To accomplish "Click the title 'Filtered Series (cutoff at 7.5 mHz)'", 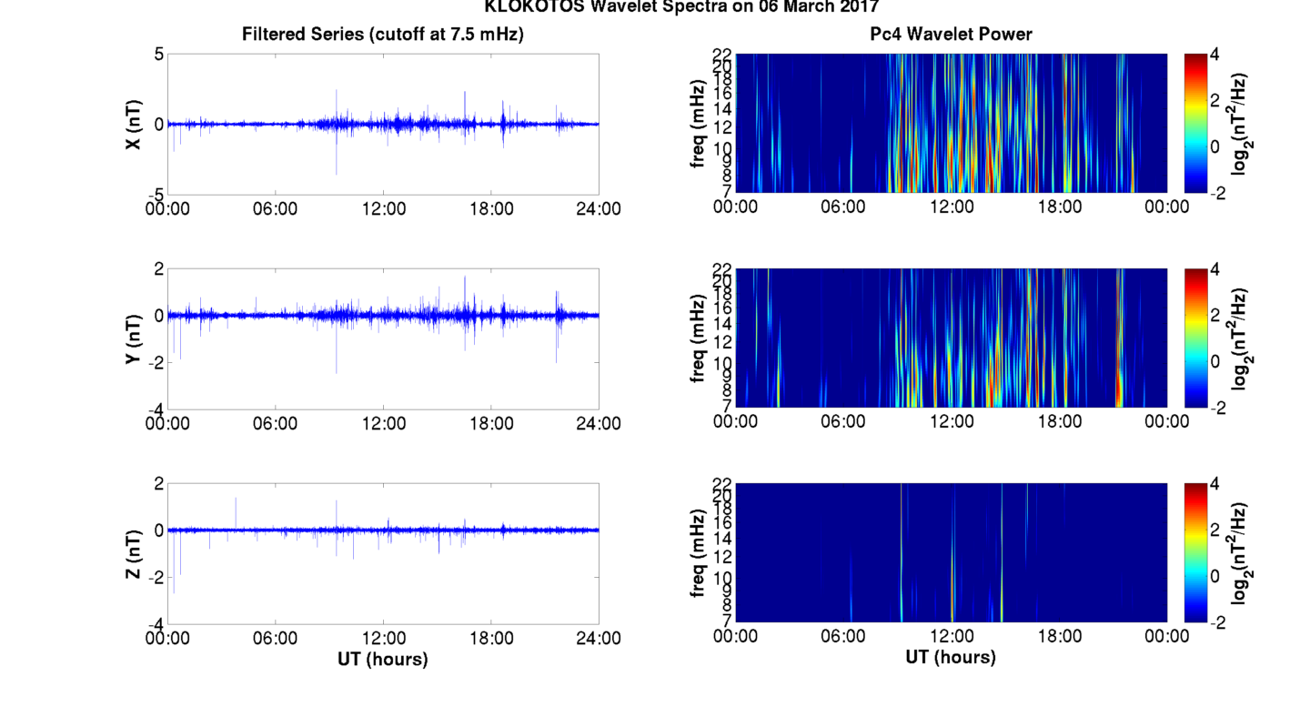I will pos(382,35).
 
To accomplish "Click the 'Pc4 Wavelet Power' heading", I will pos(951,35).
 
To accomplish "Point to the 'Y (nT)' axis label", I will pos(133,338).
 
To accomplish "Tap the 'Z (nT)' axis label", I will pos(133,553).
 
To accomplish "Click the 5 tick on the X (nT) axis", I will pos(158,55).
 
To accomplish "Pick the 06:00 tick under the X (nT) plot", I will pos(275,208).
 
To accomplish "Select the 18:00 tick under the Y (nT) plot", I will pos(491,423).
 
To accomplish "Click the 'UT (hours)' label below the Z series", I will pos(382,659).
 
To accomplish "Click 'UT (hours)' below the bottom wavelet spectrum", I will pos(951,656).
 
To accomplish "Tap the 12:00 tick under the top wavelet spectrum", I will pos(952,207).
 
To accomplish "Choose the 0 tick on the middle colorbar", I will pos(1219,362).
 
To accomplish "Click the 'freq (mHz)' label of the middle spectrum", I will pos(699,338).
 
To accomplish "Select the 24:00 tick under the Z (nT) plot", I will pos(599,638).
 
